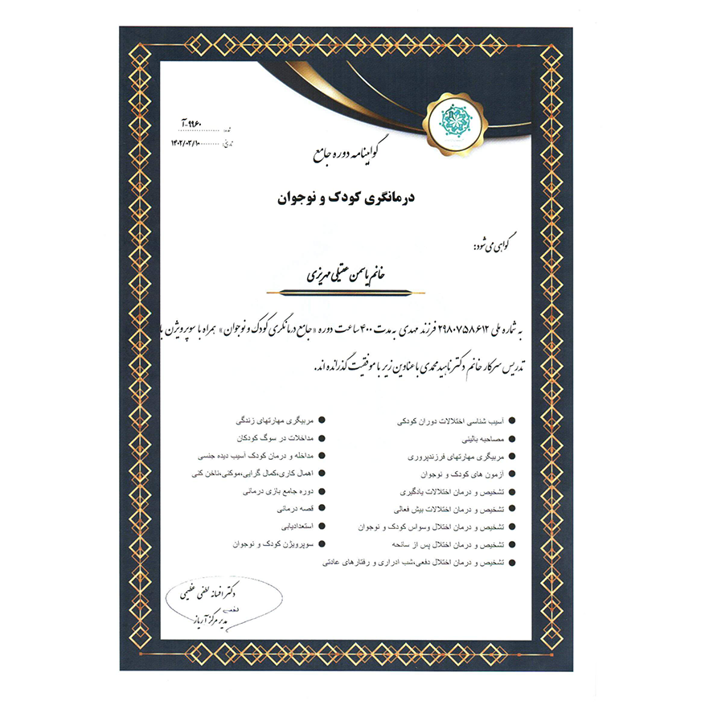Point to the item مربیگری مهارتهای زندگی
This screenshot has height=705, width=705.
coord(274,421)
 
